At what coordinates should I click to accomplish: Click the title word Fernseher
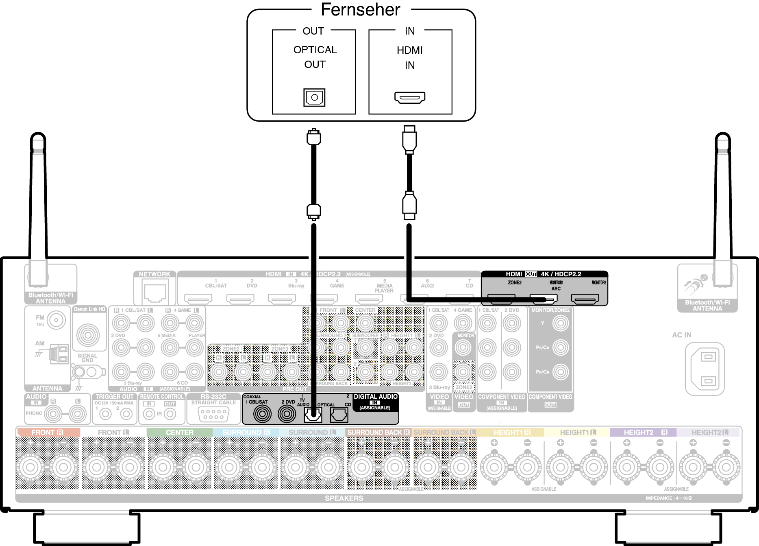pyautogui.click(x=360, y=10)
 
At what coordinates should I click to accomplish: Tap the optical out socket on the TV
pyautogui.click(x=314, y=98)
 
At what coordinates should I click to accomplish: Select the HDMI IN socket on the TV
pyautogui.click(x=409, y=98)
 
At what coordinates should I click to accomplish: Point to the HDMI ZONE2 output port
pyautogui.click(x=501, y=299)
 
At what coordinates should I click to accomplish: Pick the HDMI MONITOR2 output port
pyautogui.click(x=585, y=299)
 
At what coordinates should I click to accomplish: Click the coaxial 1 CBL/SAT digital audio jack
pyautogui.click(x=262, y=414)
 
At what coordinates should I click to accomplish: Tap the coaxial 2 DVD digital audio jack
pyautogui.click(x=287, y=414)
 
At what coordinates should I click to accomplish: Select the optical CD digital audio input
pyautogui.click(x=339, y=415)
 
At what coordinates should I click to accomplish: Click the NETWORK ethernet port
pyautogui.click(x=154, y=293)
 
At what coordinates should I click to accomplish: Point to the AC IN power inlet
pyautogui.click(x=705, y=369)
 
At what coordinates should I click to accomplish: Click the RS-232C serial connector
pyautogui.click(x=213, y=415)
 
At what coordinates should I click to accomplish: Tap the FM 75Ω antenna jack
pyautogui.click(x=56, y=320)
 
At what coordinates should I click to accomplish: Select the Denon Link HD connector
pyautogui.click(x=88, y=335)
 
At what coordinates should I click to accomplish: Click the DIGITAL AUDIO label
pyautogui.click(x=375, y=397)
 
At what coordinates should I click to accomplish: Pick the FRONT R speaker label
pyautogui.click(x=47, y=432)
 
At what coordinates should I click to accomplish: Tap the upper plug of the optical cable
pyautogui.click(x=313, y=137)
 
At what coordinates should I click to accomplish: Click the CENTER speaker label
pyautogui.click(x=179, y=432)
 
